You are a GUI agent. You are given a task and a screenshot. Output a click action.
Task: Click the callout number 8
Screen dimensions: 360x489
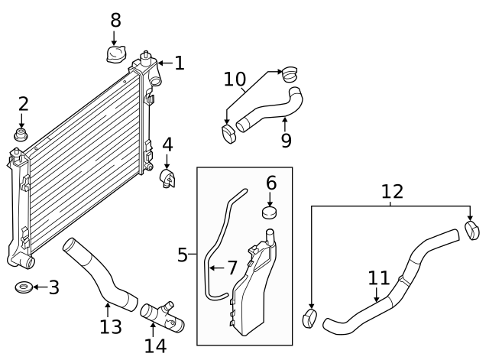pos(115,20)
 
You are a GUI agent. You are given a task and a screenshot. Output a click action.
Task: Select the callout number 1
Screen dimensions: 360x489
pos(179,63)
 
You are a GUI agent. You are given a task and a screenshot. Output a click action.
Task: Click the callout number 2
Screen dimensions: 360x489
pos(23,104)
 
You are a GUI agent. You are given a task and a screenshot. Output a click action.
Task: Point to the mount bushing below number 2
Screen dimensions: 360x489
pos(22,136)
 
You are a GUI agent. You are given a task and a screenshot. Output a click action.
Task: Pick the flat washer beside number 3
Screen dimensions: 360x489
pos(23,288)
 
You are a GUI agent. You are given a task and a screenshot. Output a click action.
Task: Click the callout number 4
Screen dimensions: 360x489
pos(167,144)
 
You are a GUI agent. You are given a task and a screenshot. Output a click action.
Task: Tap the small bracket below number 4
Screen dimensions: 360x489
pos(167,179)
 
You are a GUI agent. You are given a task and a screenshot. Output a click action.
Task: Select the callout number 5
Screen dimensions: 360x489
pos(183,255)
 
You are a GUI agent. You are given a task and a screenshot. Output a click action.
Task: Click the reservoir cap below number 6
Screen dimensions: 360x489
pos(270,212)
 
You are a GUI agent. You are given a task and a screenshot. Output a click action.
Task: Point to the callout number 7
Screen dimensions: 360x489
pos(231,268)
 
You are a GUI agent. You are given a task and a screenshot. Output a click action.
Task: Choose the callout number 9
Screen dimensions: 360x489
pos(286,140)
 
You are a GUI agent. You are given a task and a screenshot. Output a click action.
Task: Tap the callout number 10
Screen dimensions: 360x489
pos(235,79)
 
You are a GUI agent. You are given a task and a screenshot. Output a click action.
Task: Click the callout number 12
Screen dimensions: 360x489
pos(392,191)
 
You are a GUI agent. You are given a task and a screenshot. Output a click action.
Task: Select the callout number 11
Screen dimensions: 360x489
pos(378,279)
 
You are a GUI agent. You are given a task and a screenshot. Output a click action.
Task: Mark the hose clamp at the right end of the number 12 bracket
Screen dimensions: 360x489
pos(472,229)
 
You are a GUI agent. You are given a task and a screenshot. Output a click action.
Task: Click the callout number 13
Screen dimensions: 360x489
pos(110,327)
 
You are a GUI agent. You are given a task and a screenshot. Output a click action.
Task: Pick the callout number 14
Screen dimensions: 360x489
pos(155,345)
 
